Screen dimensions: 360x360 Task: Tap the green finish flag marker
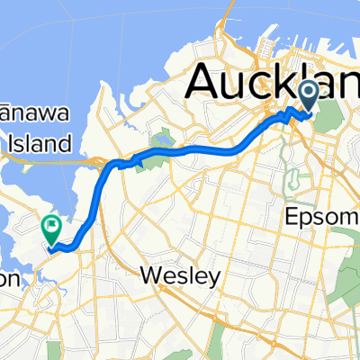(x=51, y=229)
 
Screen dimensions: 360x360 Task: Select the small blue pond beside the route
(x=163, y=139)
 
